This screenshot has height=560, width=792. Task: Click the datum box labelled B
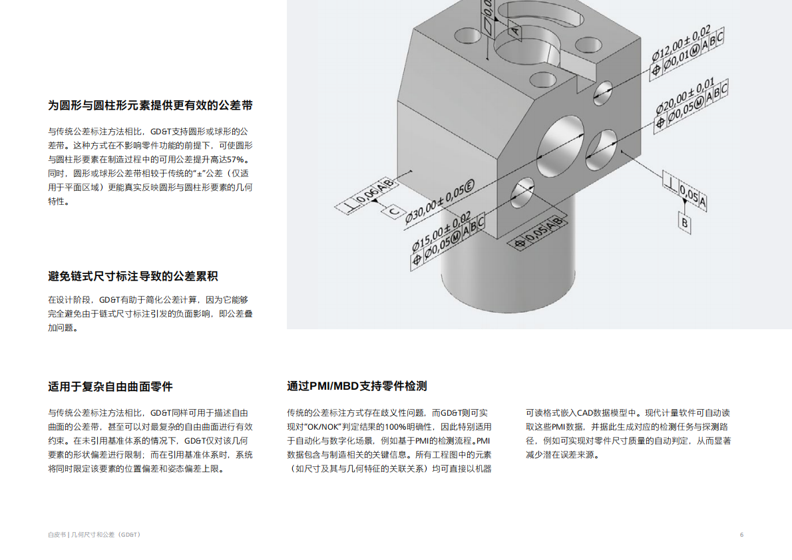(684, 222)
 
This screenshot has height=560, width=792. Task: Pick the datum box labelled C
(394, 211)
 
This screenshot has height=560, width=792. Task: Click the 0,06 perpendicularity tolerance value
(367, 195)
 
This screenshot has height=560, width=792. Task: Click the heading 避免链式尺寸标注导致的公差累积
(133, 276)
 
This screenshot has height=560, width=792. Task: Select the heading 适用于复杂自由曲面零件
(110, 386)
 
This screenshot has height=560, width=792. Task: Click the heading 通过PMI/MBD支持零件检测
(357, 386)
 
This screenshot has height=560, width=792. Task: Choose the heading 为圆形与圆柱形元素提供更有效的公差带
(150, 105)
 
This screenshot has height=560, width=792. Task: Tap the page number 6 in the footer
(741, 535)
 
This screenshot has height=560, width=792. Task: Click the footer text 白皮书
(57, 535)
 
